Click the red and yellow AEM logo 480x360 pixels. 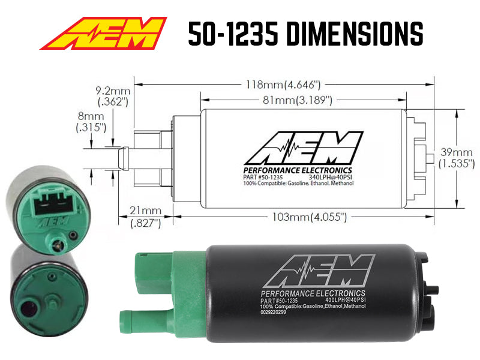tap(103, 34)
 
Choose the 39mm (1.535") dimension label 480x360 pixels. tap(456, 157)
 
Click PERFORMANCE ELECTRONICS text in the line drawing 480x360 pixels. tap(297, 169)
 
